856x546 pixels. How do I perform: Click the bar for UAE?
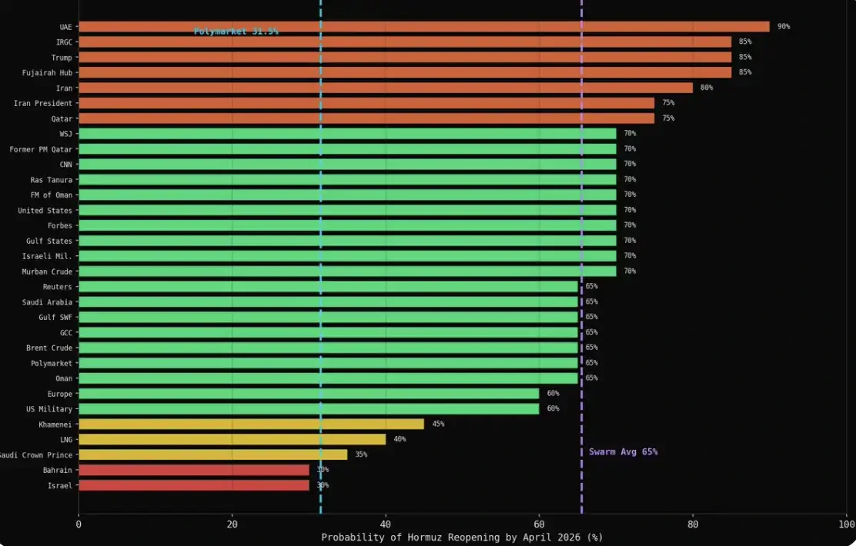[423, 27]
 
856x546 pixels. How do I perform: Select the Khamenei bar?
[251, 424]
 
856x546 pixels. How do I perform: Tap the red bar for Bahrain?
[193, 470]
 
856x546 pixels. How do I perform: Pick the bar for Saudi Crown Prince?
[212, 454]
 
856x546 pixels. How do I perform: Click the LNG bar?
[232, 439]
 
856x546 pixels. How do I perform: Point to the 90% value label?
[784, 27]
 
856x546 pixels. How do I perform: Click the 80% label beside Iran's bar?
[707, 88]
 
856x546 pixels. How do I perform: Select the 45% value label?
[438, 424]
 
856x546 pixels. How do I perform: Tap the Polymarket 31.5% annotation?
[236, 32]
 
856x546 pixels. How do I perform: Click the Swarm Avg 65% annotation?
[624, 452]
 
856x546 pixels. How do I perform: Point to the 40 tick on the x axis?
[386, 524]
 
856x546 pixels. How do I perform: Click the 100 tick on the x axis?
[846, 524]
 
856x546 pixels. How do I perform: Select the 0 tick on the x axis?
[79, 524]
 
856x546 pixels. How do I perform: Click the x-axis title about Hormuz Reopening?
[462, 537]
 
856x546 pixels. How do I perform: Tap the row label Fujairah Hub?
[48, 72]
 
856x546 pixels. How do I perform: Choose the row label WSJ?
[65, 134]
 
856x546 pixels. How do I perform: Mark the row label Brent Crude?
[49, 348]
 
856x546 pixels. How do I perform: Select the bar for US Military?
[309, 408]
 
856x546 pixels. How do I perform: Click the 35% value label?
[361, 454]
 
